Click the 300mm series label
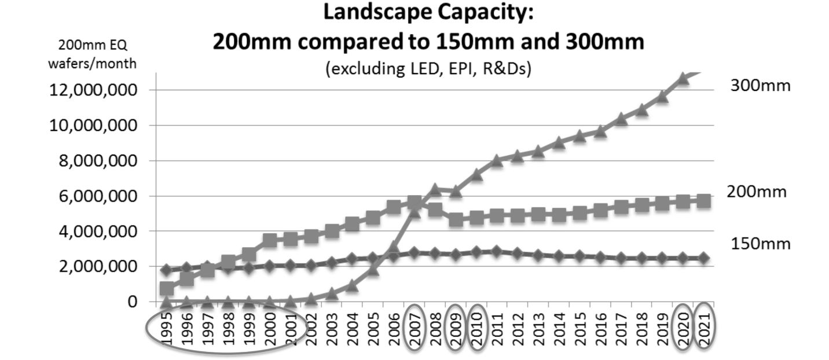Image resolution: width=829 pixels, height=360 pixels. pyautogui.click(x=759, y=86)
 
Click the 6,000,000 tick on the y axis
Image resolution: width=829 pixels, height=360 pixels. pyautogui.click(x=93, y=196)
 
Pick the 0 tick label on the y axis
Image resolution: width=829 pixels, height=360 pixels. pyautogui.click(x=133, y=302)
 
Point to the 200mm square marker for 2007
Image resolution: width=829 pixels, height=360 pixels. pyautogui.click(x=414, y=203)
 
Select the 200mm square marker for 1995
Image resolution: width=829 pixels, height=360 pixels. pyautogui.click(x=167, y=289)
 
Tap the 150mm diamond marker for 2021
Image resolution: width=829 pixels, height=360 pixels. pyautogui.click(x=703, y=258)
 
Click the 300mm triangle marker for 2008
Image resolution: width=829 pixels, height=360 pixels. pyautogui.click(x=435, y=189)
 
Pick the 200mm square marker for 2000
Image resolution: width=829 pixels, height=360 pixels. pyautogui.click(x=270, y=240)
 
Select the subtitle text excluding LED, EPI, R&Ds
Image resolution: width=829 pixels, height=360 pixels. pyautogui.click(x=428, y=70)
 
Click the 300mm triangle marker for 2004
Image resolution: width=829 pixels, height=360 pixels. pyautogui.click(x=353, y=285)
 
